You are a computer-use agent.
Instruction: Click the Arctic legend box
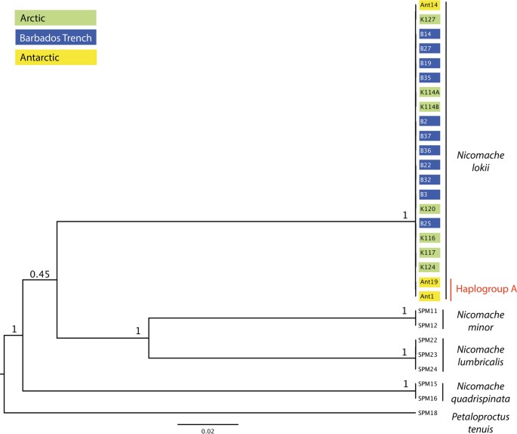[56, 17]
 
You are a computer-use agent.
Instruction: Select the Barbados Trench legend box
[56, 36]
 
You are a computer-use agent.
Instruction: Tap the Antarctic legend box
[56, 56]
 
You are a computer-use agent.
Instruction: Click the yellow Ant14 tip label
[428, 5]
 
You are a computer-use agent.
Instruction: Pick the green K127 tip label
[428, 20]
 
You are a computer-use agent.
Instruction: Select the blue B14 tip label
[428, 34]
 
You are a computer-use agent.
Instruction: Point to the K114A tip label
[429, 92]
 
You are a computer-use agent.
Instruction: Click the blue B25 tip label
[428, 223]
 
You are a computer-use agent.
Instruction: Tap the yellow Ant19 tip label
[428, 281]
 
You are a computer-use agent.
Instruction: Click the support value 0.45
[39, 274]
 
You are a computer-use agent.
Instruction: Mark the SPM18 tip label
[427, 413]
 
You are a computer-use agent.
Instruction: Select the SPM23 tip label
[427, 354]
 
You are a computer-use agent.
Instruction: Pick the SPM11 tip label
[427, 311]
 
